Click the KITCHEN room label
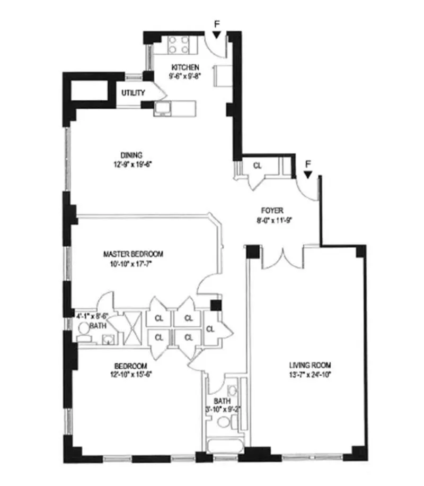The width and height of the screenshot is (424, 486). click(185, 67)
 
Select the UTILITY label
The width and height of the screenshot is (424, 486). click(133, 93)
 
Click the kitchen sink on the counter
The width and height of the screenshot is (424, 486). click(162, 109)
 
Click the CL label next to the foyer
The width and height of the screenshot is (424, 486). click(257, 166)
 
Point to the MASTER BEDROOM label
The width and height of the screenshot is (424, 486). click(133, 254)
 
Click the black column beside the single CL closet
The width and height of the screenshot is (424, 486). click(215, 305)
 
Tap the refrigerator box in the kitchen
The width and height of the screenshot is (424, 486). click(220, 75)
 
